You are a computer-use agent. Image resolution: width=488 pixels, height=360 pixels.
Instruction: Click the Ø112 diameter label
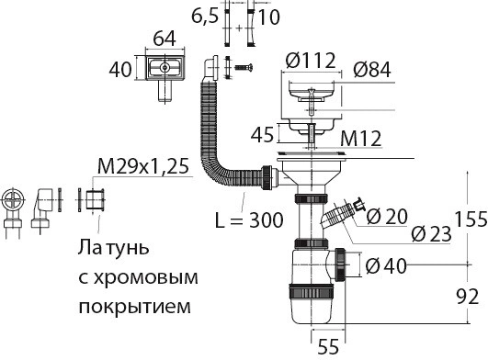(x=311, y=61)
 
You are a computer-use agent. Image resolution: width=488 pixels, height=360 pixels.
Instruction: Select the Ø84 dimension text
(x=372, y=70)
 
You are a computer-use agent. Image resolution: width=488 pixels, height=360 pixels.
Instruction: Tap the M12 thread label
(x=360, y=139)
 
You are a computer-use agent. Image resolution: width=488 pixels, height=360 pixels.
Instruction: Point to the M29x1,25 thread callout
(x=143, y=166)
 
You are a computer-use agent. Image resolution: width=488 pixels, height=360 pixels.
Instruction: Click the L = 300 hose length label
(x=249, y=220)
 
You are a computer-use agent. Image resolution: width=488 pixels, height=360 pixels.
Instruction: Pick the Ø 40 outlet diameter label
(x=386, y=266)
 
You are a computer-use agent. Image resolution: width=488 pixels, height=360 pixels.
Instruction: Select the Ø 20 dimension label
(x=387, y=216)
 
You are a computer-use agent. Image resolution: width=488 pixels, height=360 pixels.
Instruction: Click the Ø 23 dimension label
(x=431, y=234)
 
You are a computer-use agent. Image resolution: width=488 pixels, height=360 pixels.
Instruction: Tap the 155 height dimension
(x=471, y=219)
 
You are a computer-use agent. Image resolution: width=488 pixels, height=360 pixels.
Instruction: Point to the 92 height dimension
(x=468, y=297)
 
